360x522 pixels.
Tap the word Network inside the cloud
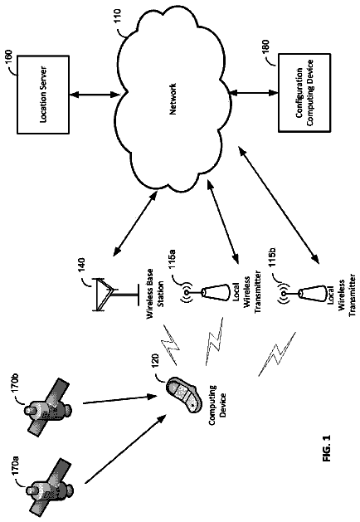[x=173, y=99]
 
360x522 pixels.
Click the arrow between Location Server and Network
[x=95, y=95]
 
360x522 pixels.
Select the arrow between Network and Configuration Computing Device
[x=254, y=93]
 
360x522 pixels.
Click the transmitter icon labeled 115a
[x=207, y=293]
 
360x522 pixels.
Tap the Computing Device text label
[x=217, y=405]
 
